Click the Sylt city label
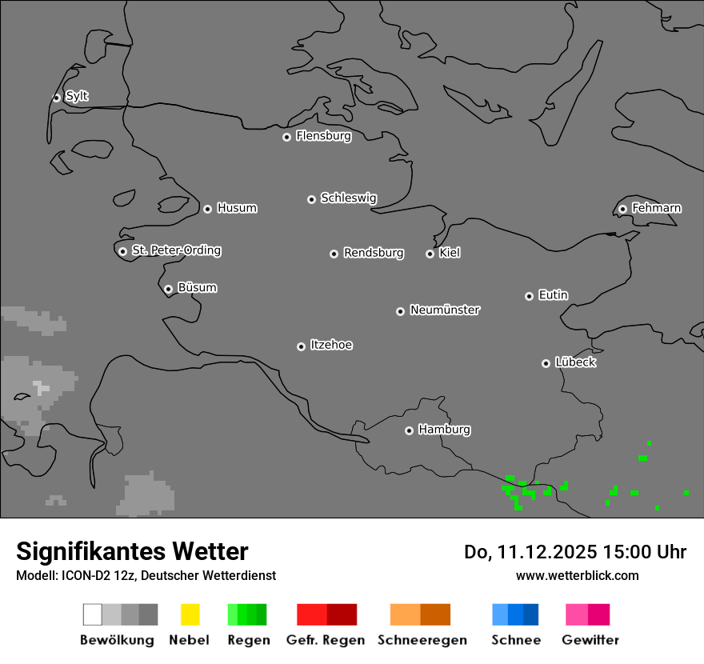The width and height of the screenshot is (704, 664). [77, 96]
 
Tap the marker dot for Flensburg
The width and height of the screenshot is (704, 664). [286, 137]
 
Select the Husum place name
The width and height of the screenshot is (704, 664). [237, 208]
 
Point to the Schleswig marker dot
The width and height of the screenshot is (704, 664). [311, 199]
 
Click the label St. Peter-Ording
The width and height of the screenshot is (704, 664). [176, 250]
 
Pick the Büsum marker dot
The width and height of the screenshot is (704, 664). [168, 289]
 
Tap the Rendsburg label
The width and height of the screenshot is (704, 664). [374, 253]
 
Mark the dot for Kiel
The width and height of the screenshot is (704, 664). [430, 254]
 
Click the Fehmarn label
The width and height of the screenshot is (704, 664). [656, 208]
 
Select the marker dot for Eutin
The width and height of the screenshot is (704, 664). [529, 296]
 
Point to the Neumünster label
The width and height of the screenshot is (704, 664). [445, 310]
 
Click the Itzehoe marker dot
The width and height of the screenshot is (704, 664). [301, 346]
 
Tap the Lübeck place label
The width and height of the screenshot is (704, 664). [575, 362]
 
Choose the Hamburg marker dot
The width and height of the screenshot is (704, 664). [409, 430]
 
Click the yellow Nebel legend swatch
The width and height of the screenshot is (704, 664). [190, 614]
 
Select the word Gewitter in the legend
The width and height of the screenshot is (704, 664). [590, 640]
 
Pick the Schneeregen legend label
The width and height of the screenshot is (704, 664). [422, 640]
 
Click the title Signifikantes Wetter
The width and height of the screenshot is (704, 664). [132, 552]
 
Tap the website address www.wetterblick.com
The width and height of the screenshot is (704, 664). [577, 575]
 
